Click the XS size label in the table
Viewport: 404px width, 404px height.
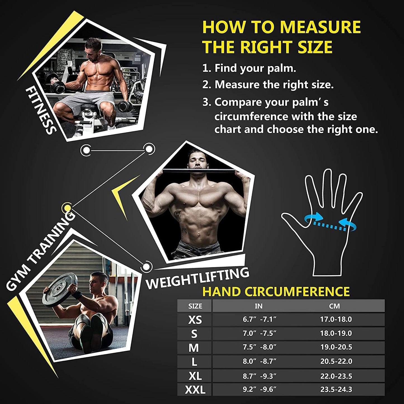195,320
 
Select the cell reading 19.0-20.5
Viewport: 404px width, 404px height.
336,347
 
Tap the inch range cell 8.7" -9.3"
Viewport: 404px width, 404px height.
259,375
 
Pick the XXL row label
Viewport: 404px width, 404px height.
195,389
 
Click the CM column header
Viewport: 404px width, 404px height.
334,306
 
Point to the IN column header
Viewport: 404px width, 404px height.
259,306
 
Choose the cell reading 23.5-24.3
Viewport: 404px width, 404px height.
336,389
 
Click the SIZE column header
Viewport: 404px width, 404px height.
195,306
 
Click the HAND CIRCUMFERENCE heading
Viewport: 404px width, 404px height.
276,291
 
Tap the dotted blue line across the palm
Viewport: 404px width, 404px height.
326,224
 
